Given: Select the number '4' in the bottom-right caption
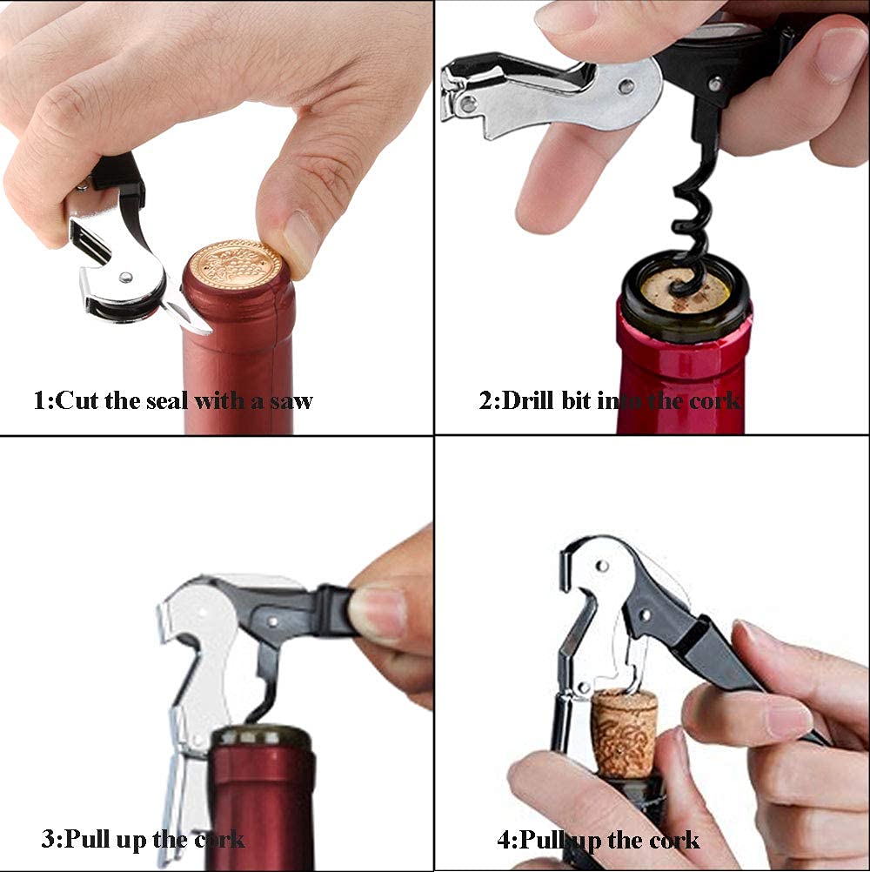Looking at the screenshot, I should tap(505, 841).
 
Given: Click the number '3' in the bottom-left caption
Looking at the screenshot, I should tap(49, 840).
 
